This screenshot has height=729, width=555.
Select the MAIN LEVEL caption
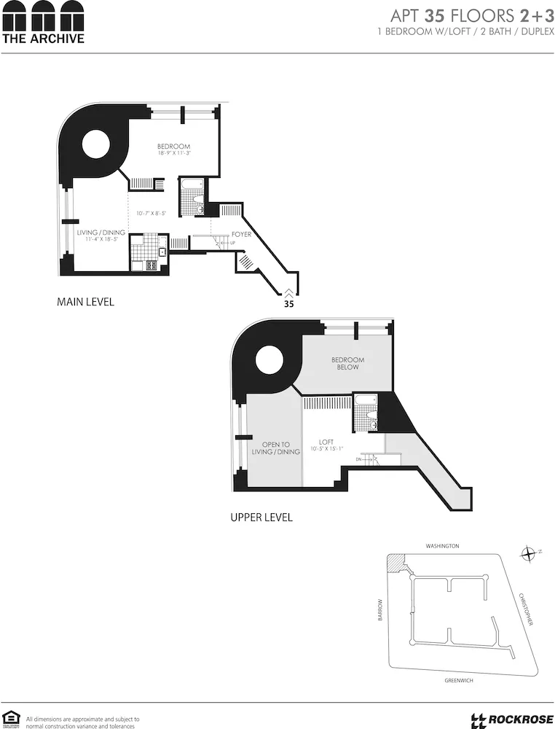click(x=85, y=302)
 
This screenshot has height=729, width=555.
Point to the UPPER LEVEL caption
click(x=261, y=518)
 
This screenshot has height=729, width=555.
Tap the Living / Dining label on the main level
click(x=101, y=233)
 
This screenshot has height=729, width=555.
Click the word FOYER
click(x=241, y=235)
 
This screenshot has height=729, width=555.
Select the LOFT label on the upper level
click(x=326, y=442)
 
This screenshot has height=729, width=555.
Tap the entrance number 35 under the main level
click(x=288, y=305)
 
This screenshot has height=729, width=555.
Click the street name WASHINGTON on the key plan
click(x=442, y=546)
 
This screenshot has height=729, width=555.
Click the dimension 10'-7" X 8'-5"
click(x=151, y=214)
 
